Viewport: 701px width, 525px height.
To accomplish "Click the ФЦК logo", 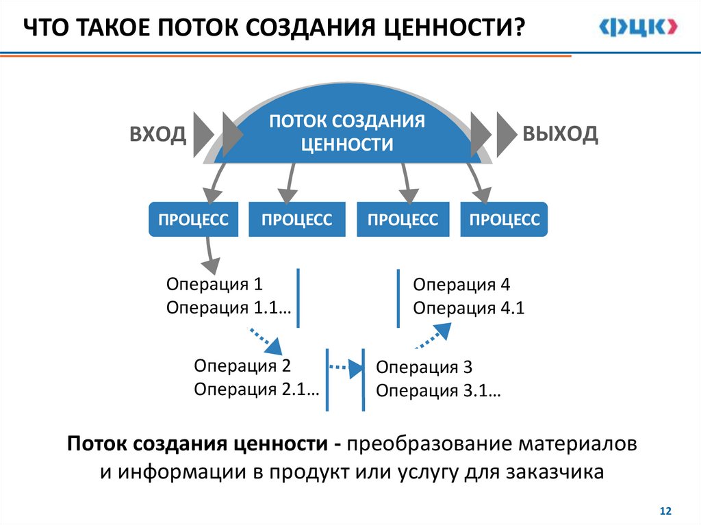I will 639,27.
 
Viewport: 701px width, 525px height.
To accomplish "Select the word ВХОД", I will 158,135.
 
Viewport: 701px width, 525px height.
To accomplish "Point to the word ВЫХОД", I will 560,133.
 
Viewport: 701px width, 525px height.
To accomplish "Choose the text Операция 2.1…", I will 257,389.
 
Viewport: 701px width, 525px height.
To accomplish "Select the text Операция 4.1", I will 468,308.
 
